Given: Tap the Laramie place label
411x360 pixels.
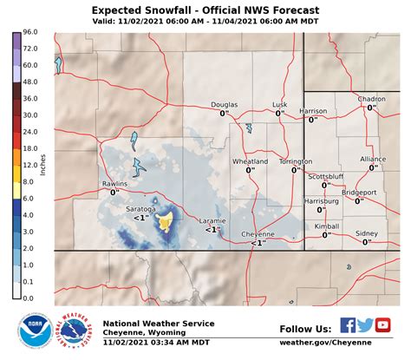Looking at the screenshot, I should click(x=213, y=220).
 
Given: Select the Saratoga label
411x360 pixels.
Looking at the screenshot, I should click(x=140, y=209).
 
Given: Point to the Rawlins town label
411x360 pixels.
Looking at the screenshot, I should click(x=114, y=184).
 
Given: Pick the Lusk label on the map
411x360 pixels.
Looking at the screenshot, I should click(x=279, y=104).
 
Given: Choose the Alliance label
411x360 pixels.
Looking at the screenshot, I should click(x=373, y=159).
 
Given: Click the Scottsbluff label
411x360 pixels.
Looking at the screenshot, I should click(x=327, y=176).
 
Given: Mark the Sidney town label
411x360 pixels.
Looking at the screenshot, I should click(x=367, y=233).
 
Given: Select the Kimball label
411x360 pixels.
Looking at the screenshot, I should click(x=327, y=226).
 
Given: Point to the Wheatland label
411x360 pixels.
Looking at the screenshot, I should click(x=250, y=161).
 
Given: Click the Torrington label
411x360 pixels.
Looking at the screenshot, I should click(x=296, y=161).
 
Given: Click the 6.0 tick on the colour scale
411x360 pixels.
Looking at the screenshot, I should click(x=29, y=198).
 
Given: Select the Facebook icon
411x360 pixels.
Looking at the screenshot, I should click(x=348, y=326).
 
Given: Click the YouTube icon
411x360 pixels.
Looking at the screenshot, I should click(x=382, y=326).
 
